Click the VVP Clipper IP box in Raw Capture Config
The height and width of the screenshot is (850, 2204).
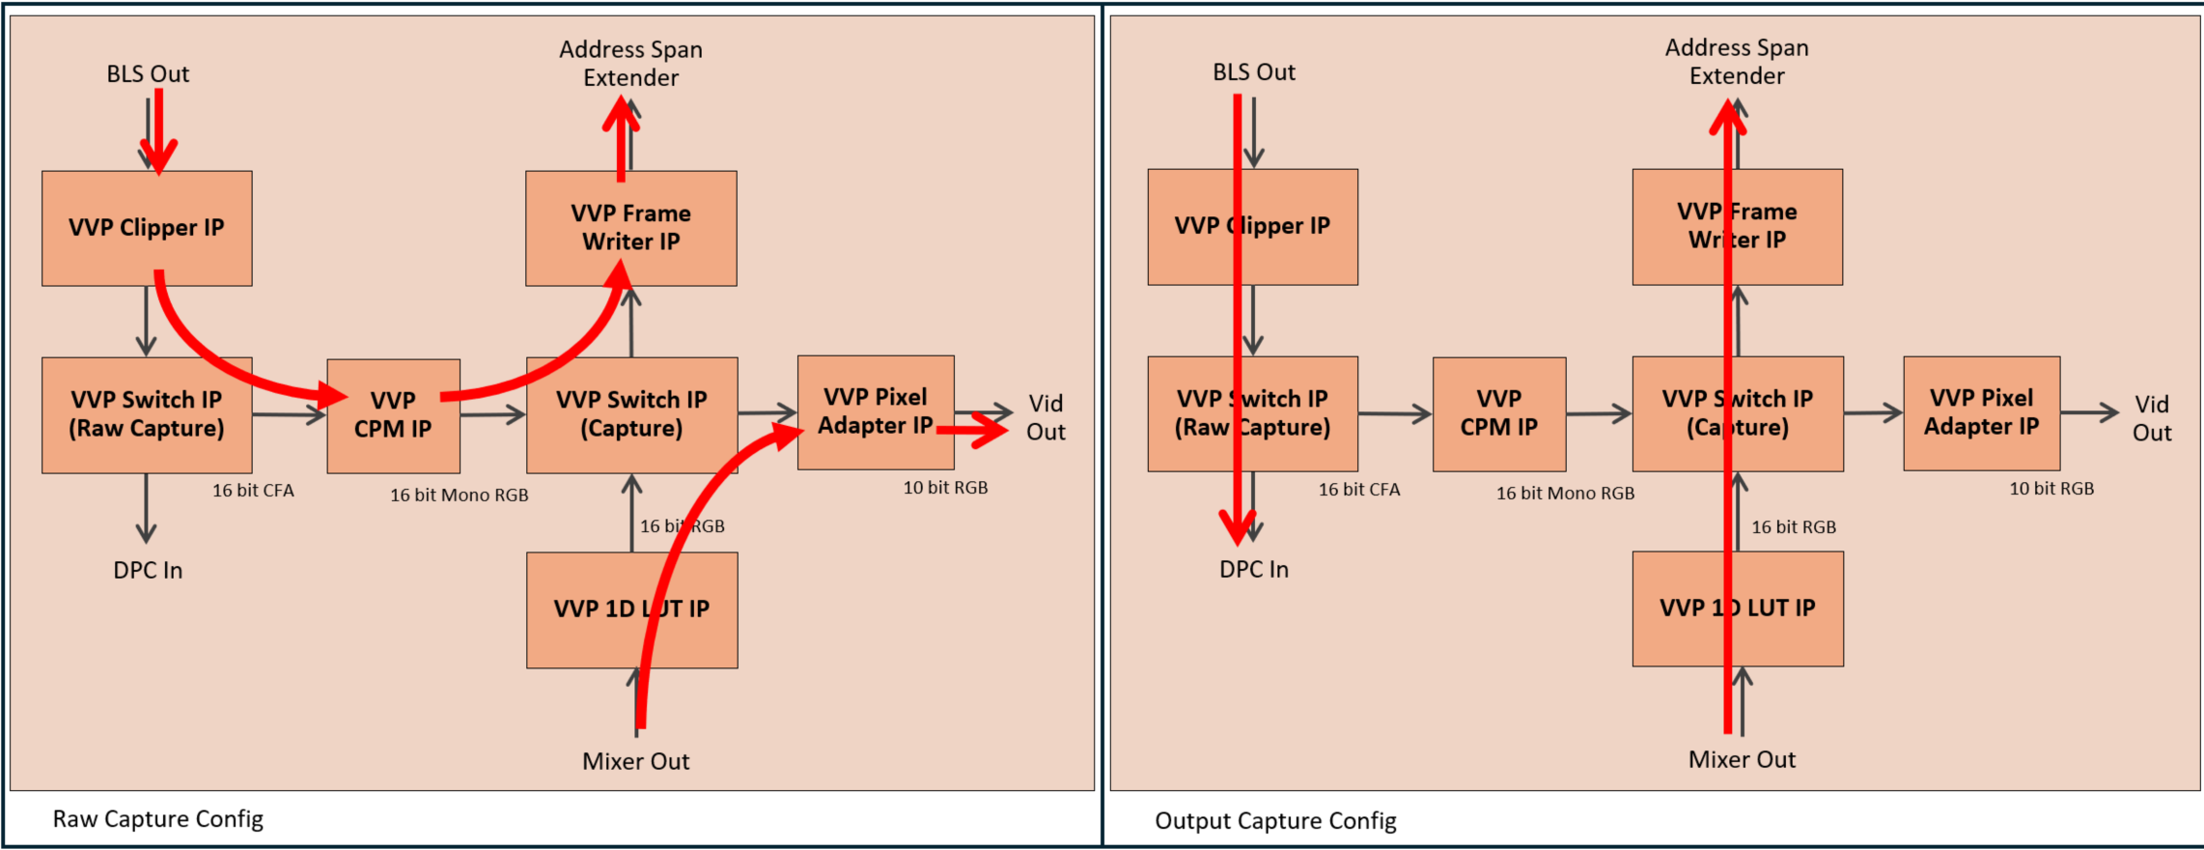(147, 229)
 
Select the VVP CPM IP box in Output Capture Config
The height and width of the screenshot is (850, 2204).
(1498, 414)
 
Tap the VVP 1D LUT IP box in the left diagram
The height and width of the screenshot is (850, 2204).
(631, 609)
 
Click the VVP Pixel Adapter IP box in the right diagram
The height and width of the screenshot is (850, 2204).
(1981, 413)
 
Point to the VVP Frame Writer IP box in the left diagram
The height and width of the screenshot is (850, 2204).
(630, 228)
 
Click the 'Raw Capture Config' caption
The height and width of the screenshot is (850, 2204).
(157, 819)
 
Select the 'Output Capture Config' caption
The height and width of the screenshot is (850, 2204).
(1274, 821)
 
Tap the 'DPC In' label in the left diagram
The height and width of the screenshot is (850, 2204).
(148, 570)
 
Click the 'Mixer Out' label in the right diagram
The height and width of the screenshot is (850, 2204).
(1741, 759)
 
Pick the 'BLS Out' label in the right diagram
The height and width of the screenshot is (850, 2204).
(1253, 72)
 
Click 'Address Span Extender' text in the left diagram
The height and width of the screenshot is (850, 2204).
(630, 64)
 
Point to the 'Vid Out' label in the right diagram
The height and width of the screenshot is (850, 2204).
(2151, 418)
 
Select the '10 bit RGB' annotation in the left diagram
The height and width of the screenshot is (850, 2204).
(945, 488)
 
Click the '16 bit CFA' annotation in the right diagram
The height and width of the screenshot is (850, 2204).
(1358, 490)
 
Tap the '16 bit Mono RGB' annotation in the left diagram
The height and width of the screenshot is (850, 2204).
(459, 495)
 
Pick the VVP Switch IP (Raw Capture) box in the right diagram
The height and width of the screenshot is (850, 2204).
(1252, 414)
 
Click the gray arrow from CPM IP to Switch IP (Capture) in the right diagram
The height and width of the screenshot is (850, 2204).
(1598, 414)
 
